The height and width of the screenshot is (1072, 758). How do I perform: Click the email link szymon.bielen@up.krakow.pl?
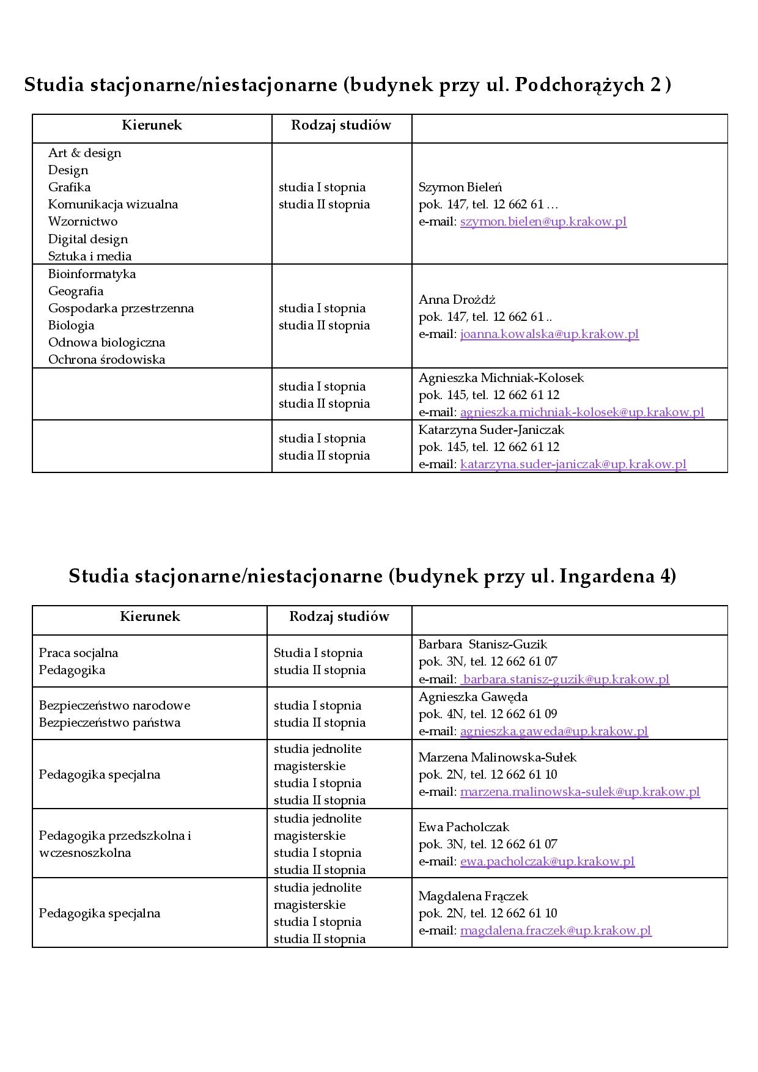[x=543, y=222]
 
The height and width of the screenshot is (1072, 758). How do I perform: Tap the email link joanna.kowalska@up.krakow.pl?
[x=549, y=334]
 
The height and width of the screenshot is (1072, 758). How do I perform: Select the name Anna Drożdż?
[x=457, y=299]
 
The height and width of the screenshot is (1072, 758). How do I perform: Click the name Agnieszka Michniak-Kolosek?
[x=501, y=378]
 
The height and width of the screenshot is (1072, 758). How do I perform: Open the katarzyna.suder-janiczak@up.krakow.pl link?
[x=573, y=464]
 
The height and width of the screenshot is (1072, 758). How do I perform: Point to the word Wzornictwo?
[x=83, y=221]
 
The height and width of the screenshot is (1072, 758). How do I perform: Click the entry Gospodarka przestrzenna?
[x=120, y=308]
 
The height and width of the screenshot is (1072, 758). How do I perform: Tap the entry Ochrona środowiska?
[x=106, y=359]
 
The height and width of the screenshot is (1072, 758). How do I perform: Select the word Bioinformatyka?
[x=92, y=274]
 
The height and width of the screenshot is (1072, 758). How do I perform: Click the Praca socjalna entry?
[x=78, y=653]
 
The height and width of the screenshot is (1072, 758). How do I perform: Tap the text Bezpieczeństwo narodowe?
[x=114, y=705]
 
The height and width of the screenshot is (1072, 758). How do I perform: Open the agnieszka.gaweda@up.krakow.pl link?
[x=553, y=732]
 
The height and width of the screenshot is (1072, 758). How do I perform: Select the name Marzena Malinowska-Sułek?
[x=497, y=757]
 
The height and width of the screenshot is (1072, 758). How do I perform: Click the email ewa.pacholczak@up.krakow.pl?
[x=546, y=862]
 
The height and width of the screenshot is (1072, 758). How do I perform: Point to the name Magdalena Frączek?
[x=473, y=896]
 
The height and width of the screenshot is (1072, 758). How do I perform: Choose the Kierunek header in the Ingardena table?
[x=150, y=616]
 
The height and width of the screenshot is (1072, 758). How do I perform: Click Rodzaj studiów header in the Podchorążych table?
[x=340, y=125]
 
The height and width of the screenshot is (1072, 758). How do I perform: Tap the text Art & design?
[x=84, y=153]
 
